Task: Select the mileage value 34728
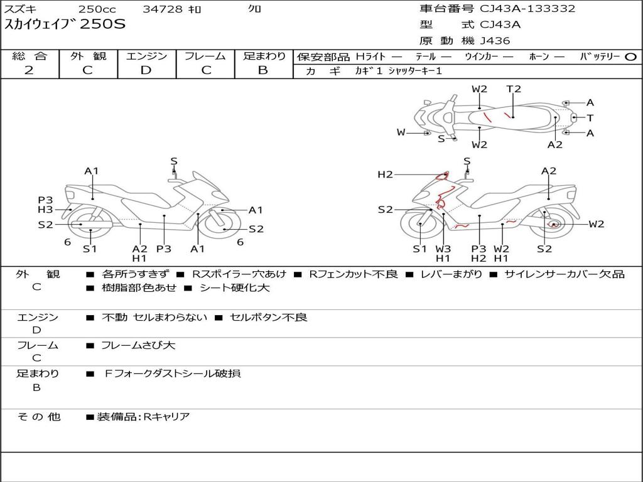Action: point(163,9)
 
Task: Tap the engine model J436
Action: point(495,41)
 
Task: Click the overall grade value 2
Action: point(29,70)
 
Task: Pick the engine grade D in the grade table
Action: point(146,70)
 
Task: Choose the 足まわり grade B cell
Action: point(263,70)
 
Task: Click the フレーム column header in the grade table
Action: point(205,56)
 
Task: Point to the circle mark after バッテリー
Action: point(630,56)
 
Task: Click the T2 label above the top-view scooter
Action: point(514,89)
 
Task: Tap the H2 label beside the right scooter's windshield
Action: point(385,174)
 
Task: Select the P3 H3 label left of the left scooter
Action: point(45,205)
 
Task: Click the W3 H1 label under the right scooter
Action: point(443,254)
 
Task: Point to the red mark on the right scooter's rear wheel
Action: point(553,224)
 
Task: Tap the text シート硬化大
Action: point(234,288)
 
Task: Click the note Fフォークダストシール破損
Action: point(172,373)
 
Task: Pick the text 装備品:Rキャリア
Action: point(143,417)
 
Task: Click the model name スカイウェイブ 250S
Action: point(65,24)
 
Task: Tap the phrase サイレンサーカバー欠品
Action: point(565,274)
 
